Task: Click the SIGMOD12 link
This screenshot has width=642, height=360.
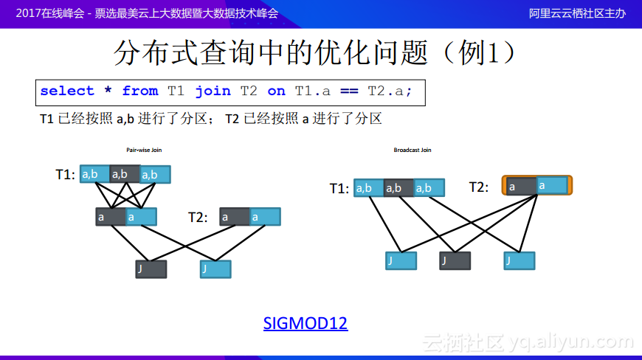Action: [x=305, y=323]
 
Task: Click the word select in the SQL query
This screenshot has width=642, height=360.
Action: [x=67, y=91]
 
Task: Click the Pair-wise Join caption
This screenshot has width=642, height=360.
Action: [x=144, y=150]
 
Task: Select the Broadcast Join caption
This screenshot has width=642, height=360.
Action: [x=413, y=150]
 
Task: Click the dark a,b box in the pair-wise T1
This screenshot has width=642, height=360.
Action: [x=125, y=174]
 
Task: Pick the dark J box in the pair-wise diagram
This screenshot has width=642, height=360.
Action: [x=151, y=269]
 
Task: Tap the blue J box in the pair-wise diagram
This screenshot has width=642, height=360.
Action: [x=215, y=269]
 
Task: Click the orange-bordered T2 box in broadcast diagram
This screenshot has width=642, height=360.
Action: [x=536, y=185]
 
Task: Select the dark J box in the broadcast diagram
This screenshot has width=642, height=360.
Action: [x=455, y=260]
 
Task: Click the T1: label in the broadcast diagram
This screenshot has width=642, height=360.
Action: [x=339, y=189]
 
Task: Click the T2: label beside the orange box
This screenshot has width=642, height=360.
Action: [x=479, y=187]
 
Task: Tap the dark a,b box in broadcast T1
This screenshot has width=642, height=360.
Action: [x=398, y=188]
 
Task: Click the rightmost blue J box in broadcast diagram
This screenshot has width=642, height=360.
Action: [x=519, y=260]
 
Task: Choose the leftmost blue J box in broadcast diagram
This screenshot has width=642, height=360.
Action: [x=401, y=260]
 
